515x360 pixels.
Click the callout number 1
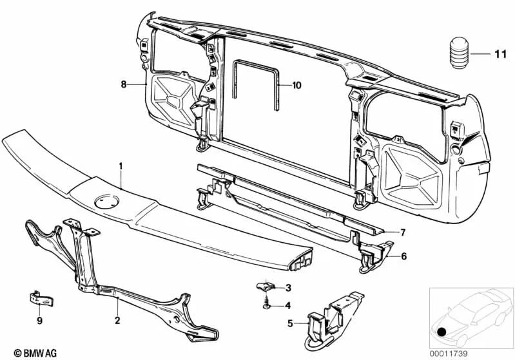[x=120, y=166]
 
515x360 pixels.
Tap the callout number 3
[x=288, y=287]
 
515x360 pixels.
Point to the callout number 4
[x=288, y=305]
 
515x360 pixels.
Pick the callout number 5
[x=291, y=323]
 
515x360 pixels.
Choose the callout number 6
[x=403, y=256]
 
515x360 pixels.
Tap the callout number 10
[x=296, y=84]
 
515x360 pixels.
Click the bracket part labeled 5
[x=332, y=316]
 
